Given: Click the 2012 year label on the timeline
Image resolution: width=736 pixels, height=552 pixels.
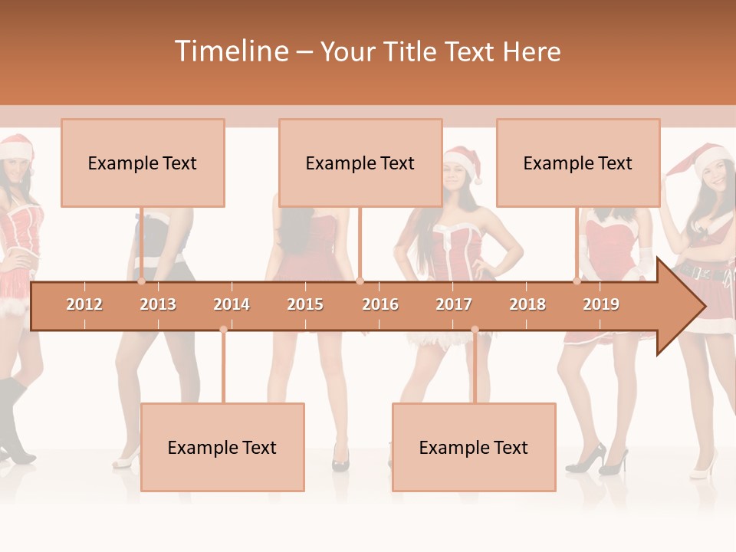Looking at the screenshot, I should tap(84, 304).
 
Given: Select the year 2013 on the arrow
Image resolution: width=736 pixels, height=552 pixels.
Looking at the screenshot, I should tap(158, 304).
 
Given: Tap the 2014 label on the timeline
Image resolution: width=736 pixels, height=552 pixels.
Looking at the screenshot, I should tap(232, 304).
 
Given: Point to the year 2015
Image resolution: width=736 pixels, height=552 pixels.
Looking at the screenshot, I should tap(305, 304).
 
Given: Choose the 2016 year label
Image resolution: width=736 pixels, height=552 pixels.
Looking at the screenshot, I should tap(380, 304).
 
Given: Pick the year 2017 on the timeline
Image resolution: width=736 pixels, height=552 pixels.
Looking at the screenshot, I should tap(454, 304).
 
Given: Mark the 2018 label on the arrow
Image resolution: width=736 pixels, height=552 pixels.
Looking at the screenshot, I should tap(527, 304).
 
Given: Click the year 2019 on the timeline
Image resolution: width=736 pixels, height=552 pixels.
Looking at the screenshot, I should tap(601, 304).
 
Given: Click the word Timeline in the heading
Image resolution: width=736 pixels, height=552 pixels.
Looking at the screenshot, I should tap(231, 51).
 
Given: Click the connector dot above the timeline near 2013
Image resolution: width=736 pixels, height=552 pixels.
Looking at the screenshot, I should tap(142, 281).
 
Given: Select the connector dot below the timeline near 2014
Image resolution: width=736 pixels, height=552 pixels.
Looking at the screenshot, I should tap(223, 330).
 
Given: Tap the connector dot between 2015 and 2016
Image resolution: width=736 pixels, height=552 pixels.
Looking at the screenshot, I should tap(360, 281).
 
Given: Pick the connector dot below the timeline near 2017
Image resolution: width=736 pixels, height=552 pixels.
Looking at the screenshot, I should tap(475, 330).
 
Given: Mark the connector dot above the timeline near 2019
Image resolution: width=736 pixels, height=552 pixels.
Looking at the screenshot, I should tap(577, 281).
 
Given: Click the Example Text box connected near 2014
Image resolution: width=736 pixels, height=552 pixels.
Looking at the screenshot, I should tap(222, 447).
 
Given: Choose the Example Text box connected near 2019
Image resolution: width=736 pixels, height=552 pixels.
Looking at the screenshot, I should tap(578, 163).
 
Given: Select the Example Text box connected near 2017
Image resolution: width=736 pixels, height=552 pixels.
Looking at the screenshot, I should tap(474, 447).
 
